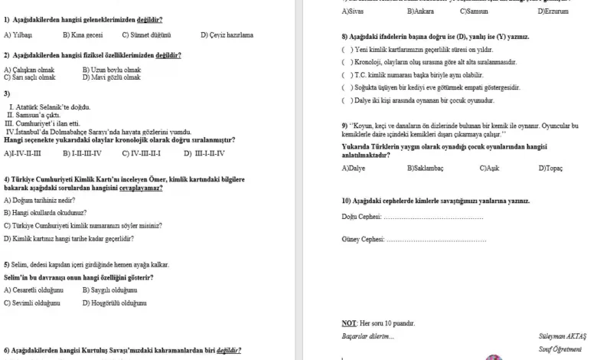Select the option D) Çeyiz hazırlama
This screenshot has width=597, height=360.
click(227, 35)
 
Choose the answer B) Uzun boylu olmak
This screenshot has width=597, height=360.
click(111, 70)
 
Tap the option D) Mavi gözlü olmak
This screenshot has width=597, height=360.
click(111, 77)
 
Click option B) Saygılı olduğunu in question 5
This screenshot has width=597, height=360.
click(109, 290)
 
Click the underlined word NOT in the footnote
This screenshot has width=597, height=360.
click(348, 323)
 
